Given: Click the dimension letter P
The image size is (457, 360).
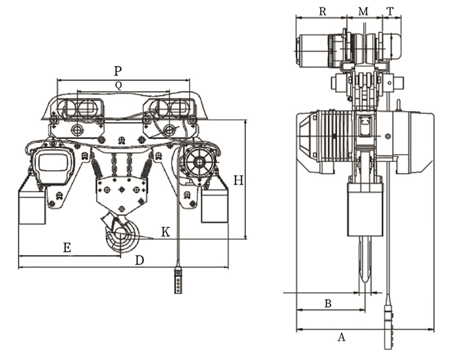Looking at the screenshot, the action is [117, 71].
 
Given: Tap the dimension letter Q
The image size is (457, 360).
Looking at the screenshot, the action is [118, 85].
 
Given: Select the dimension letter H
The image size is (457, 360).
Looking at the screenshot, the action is [239, 181].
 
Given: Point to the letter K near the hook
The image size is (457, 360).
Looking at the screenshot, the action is [165, 232].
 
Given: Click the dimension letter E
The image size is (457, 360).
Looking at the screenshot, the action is [67, 248].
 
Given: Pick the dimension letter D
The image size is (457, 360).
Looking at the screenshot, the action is [140, 260].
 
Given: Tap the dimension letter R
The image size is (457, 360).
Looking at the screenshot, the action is [322, 12].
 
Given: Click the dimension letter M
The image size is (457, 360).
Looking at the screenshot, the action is [363, 12].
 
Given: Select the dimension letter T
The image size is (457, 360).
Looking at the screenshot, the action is [390, 12].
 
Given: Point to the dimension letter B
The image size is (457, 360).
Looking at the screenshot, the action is [328, 303].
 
